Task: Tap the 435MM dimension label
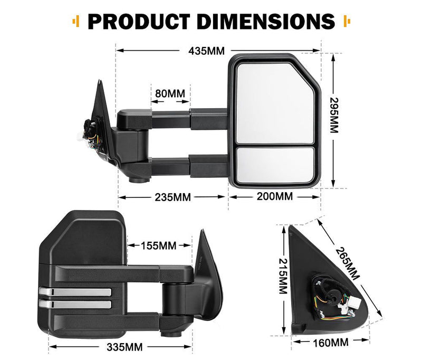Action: (x=206, y=51)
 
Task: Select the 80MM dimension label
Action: (x=170, y=93)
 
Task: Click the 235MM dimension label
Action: (x=174, y=197)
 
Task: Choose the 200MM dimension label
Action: (x=274, y=197)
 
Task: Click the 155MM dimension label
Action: (x=159, y=245)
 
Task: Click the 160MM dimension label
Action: (x=330, y=343)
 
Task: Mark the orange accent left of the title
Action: (x=76, y=21)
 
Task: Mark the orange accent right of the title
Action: (x=347, y=21)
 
